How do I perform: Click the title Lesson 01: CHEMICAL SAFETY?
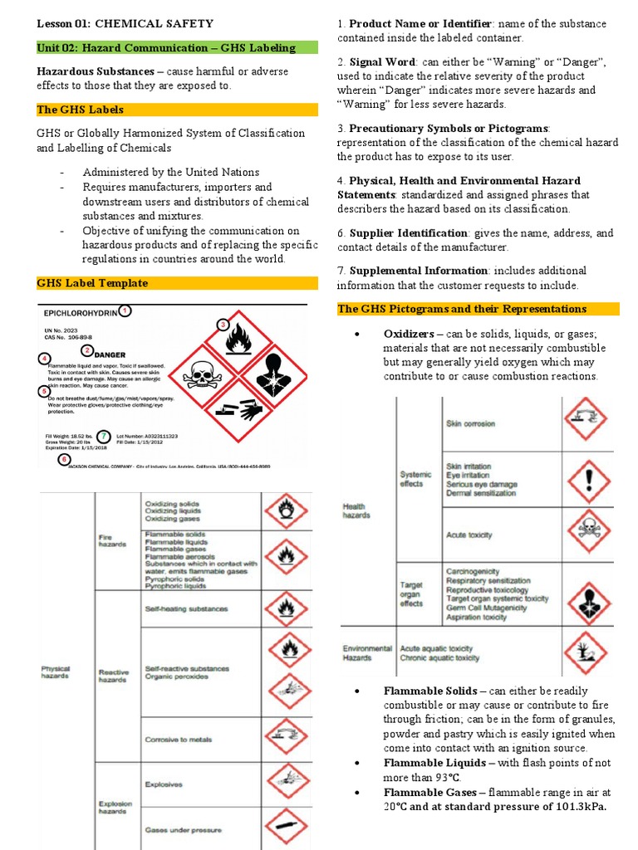click(125, 24)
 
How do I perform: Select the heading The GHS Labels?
click(81, 110)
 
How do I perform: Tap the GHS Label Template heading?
click(92, 283)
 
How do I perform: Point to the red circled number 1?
click(125, 310)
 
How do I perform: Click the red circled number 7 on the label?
click(104, 436)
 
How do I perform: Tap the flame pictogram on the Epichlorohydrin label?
click(238, 341)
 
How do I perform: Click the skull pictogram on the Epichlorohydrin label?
click(202, 375)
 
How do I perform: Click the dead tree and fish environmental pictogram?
click(586, 650)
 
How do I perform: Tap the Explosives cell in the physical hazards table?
click(164, 784)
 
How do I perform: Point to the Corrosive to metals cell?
click(175, 739)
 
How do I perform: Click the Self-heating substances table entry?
click(186, 608)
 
